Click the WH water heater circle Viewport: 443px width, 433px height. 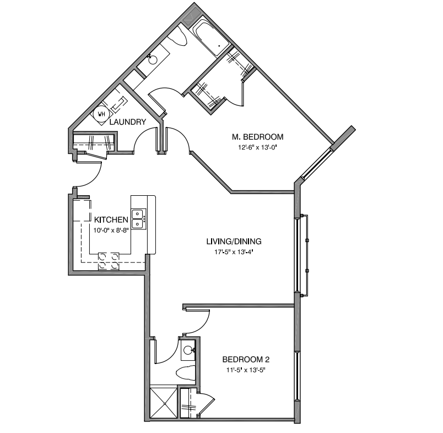tap(101, 114)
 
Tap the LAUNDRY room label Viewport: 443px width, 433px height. tap(128, 122)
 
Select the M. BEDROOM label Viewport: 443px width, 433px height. tap(257, 137)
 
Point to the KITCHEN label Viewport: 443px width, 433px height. tap(111, 220)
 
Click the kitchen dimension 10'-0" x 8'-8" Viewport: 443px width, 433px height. tap(111, 230)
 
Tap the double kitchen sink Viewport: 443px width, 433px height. tap(138, 219)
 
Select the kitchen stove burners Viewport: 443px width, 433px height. tap(109, 261)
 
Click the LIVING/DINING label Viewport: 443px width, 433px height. tap(234, 241)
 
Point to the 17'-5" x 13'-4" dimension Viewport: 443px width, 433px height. tap(234, 252)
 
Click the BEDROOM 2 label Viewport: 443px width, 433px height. tap(246, 359)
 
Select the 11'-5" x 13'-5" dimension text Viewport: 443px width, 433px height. tap(246, 370)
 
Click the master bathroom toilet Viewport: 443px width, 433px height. tap(178, 38)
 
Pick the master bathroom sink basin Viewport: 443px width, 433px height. tap(153, 60)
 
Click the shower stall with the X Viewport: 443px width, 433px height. tap(164, 403)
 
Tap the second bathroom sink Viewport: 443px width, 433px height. tap(188, 350)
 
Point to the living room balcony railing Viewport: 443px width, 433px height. tap(304, 255)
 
